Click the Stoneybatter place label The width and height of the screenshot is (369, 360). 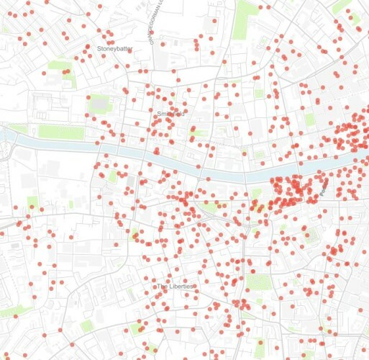coord(115,48)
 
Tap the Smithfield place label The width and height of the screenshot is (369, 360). coord(170,114)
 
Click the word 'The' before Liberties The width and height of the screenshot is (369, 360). coord(163,287)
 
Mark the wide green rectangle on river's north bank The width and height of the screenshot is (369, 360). coord(60,132)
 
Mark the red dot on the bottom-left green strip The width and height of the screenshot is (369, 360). coord(15,315)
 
